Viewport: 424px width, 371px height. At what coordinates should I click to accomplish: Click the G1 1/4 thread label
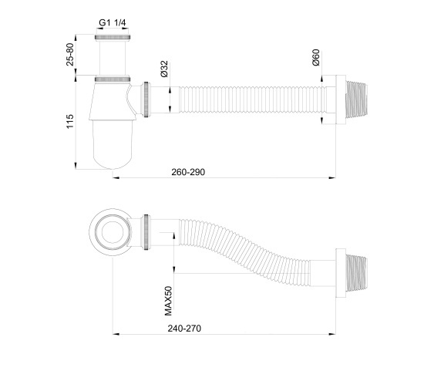pos(112,23)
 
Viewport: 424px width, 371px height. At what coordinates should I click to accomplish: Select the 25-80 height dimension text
pos(70,56)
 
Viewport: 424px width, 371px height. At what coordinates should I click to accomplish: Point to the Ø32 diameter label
pos(164,70)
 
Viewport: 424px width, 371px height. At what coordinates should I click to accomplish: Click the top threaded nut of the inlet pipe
pos(112,37)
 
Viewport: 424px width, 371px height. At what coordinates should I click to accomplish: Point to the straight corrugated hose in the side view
pos(247,99)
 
